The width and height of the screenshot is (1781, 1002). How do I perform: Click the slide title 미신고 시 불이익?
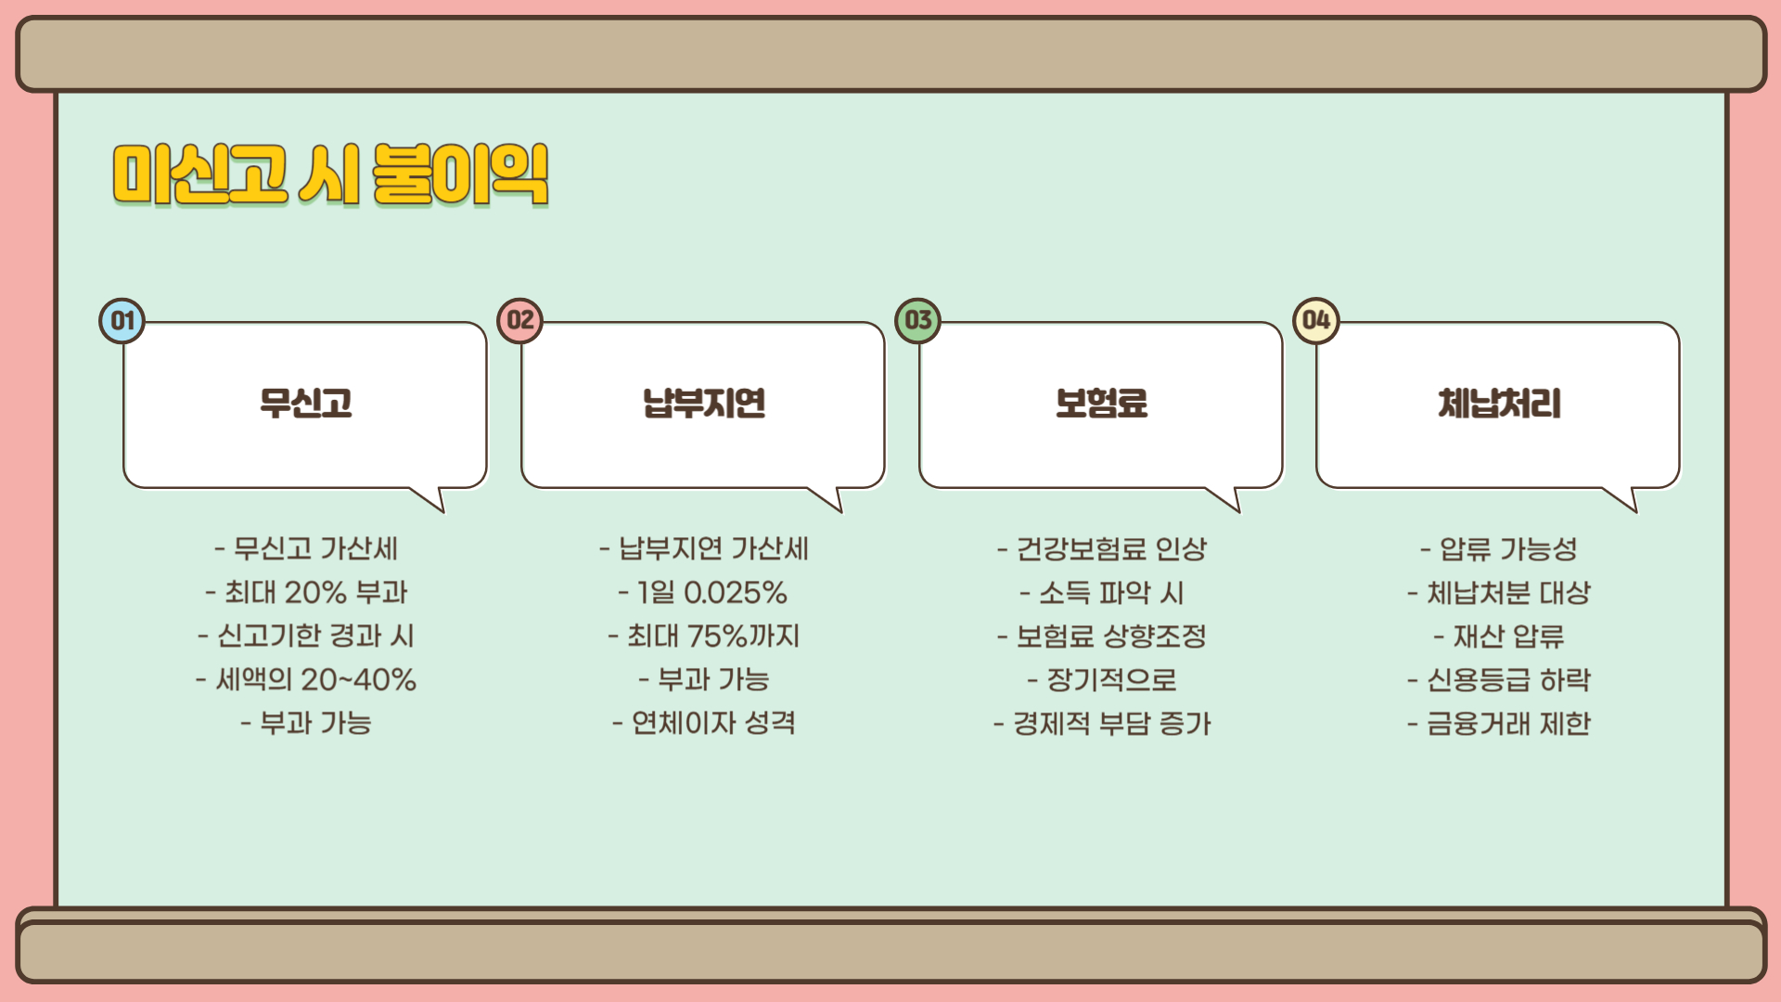tap(330, 174)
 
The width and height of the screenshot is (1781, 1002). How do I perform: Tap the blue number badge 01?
tap(122, 321)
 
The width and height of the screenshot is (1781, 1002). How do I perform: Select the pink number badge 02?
tap(520, 321)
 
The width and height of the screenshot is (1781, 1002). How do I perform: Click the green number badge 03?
tap(918, 321)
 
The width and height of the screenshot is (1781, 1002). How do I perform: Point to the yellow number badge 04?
tap(1316, 321)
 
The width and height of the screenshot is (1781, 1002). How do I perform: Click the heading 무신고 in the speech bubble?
tap(306, 404)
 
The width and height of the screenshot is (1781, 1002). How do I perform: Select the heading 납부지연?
tap(704, 404)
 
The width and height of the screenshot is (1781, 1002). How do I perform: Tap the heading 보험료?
tap(1101, 404)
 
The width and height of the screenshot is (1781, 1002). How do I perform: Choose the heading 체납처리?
tap(1499, 404)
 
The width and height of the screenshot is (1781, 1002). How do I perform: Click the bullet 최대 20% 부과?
tap(307, 592)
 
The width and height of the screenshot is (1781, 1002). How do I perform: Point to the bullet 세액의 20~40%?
tap(307, 679)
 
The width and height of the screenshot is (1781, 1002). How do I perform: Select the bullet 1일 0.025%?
tap(703, 592)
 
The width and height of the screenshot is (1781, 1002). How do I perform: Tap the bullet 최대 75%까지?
tap(704, 636)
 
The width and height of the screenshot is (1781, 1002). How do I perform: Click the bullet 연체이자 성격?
tap(704, 723)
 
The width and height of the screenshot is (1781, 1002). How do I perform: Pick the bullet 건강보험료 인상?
tap(1102, 548)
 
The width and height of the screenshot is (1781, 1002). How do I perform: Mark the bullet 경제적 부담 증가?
tap(1102, 723)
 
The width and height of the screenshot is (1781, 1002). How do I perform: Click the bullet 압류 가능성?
tap(1499, 548)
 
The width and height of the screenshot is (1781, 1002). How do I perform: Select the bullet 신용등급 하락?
tap(1499, 679)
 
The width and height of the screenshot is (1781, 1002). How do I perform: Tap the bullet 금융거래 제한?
tap(1499, 723)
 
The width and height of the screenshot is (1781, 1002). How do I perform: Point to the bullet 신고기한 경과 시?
tap(307, 636)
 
